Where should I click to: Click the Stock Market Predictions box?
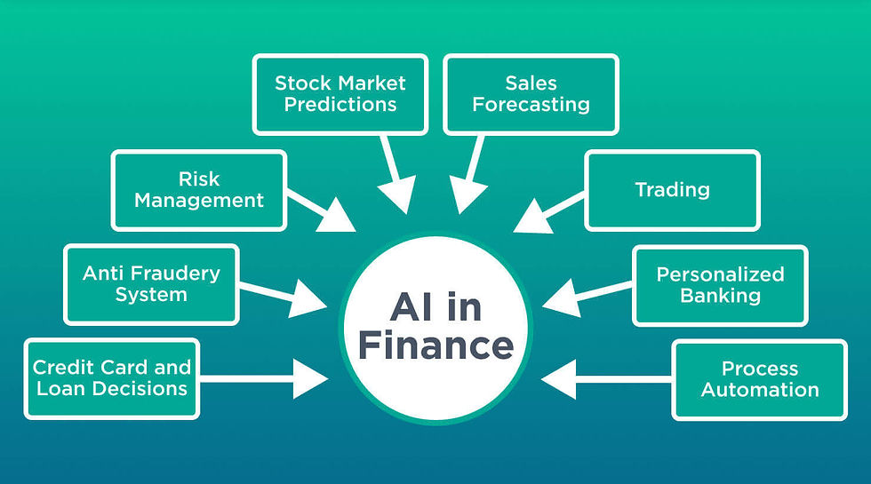340,93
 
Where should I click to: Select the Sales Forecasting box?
531,93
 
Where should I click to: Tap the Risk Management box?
199,190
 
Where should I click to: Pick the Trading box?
672,189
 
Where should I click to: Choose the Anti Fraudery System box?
151,283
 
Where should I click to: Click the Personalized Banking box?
720,285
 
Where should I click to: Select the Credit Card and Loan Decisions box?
112,378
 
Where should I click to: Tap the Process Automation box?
760,379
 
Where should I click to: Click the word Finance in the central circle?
435,345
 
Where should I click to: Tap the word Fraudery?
175,273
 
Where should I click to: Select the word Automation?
760,390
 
